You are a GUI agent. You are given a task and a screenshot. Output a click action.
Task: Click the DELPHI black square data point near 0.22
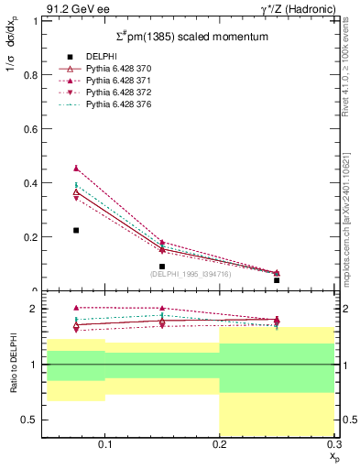(x=76, y=230)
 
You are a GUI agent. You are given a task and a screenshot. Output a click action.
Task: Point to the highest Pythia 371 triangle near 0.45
(x=76, y=168)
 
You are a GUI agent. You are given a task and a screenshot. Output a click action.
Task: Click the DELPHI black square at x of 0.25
(x=277, y=280)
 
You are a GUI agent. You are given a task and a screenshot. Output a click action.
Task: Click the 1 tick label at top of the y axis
(x=36, y=21)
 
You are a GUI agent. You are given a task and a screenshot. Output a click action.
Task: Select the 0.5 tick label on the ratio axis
(x=31, y=420)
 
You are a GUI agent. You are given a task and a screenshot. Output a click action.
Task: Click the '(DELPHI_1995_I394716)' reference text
(x=191, y=273)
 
